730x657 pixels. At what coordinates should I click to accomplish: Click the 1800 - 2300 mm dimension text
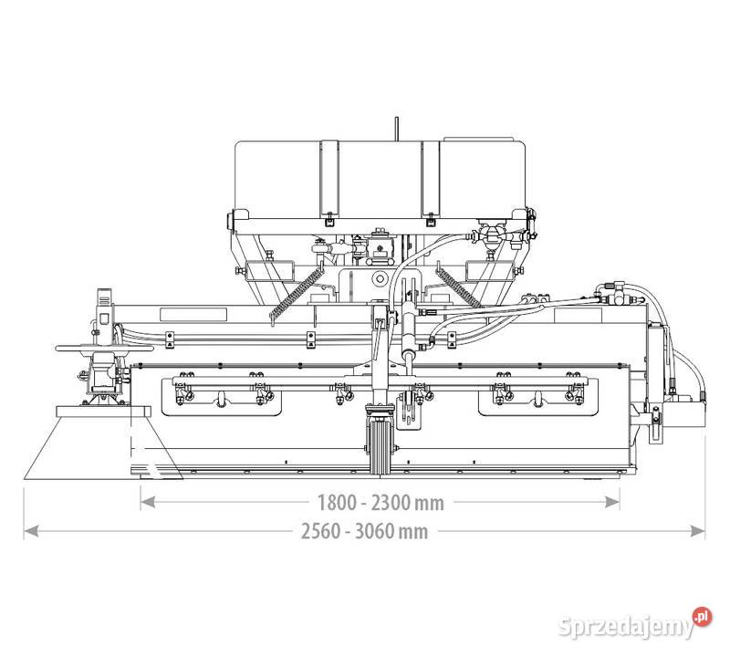click(381, 501)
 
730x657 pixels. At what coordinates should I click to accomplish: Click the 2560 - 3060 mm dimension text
click(364, 531)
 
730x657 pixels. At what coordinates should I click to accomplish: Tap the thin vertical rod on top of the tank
click(397, 129)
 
